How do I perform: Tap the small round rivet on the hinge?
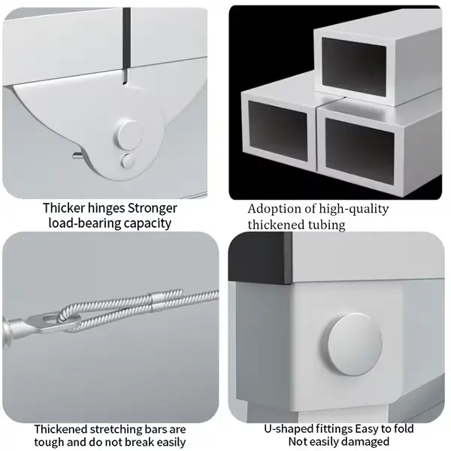tap(128, 161)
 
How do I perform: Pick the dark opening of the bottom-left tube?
tap(277, 131)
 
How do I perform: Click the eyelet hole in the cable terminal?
tap(50, 318)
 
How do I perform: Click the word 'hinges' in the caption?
tap(107, 207)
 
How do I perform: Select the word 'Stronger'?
tap(153, 208)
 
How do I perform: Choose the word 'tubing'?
tap(327, 225)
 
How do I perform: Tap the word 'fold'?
tap(402, 428)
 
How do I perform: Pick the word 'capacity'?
tap(148, 223)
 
